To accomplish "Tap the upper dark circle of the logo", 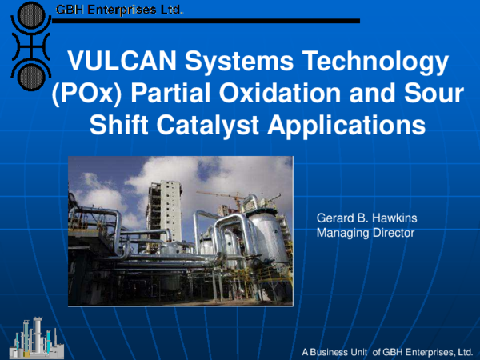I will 29,16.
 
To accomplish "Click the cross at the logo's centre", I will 29,46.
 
